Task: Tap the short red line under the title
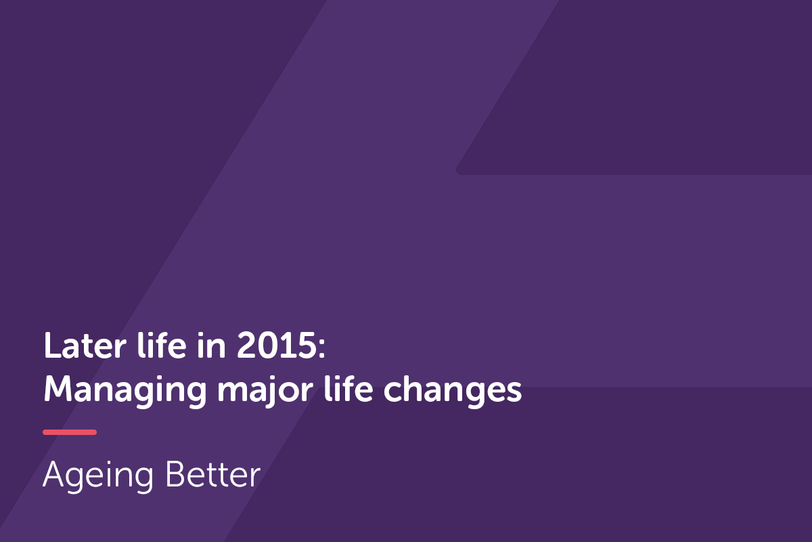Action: click(70, 432)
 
